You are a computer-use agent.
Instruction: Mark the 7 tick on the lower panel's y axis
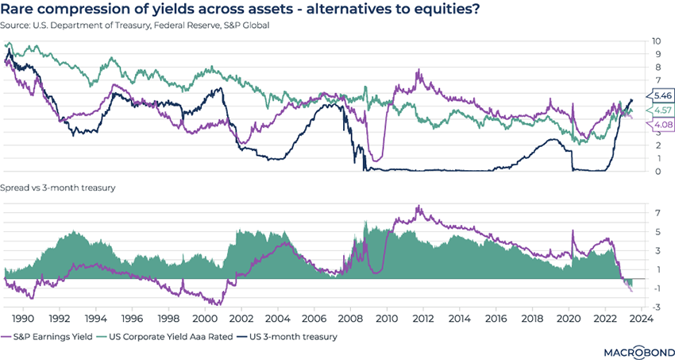pos(658,213)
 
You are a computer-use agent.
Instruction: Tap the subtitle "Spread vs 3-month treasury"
pos(60,188)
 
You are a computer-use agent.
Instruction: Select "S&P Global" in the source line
pos(245,26)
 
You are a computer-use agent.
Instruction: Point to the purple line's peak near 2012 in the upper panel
pos(418,72)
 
